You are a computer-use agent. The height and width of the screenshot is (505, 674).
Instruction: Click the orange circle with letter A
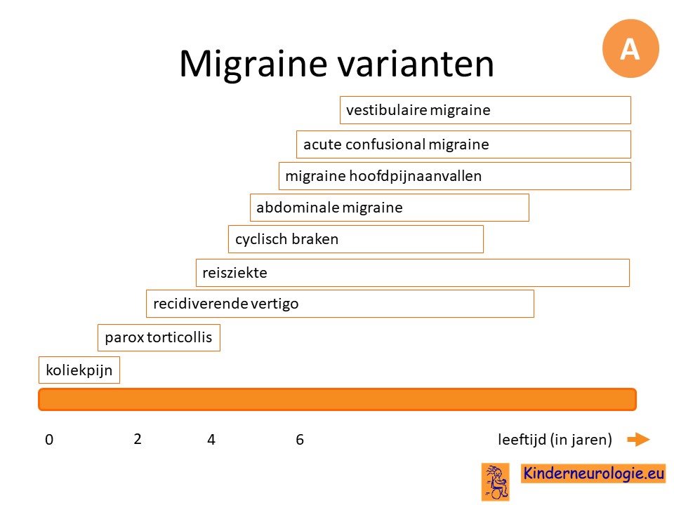click(630, 48)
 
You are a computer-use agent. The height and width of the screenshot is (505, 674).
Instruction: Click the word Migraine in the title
click(253, 65)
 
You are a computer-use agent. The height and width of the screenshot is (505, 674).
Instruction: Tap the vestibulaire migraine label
click(418, 110)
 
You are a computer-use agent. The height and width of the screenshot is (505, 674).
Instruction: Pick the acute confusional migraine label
click(396, 144)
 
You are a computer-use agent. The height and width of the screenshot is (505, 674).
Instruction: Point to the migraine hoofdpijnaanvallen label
click(383, 176)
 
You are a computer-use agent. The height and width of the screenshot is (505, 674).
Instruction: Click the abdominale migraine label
click(329, 208)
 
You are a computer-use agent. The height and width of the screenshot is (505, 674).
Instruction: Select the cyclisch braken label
click(286, 239)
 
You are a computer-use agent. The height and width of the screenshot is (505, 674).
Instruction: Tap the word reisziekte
click(234, 273)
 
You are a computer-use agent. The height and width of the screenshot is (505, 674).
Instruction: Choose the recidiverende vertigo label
click(225, 304)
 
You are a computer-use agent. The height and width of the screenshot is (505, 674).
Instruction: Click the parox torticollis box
click(159, 337)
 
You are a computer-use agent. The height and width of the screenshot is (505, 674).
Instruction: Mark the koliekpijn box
click(79, 370)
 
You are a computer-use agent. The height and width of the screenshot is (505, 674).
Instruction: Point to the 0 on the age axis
click(49, 440)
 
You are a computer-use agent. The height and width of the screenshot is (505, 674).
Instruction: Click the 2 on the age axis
click(138, 439)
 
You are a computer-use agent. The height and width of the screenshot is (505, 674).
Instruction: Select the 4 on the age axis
click(211, 440)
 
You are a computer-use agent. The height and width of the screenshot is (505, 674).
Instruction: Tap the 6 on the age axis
click(300, 440)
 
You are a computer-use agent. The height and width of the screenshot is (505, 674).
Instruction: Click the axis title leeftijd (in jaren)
click(555, 440)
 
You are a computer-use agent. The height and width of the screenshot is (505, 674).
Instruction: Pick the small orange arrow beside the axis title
click(638, 439)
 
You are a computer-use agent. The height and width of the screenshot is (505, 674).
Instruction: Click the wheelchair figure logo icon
click(496, 482)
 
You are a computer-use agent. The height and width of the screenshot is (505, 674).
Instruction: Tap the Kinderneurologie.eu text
click(593, 473)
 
